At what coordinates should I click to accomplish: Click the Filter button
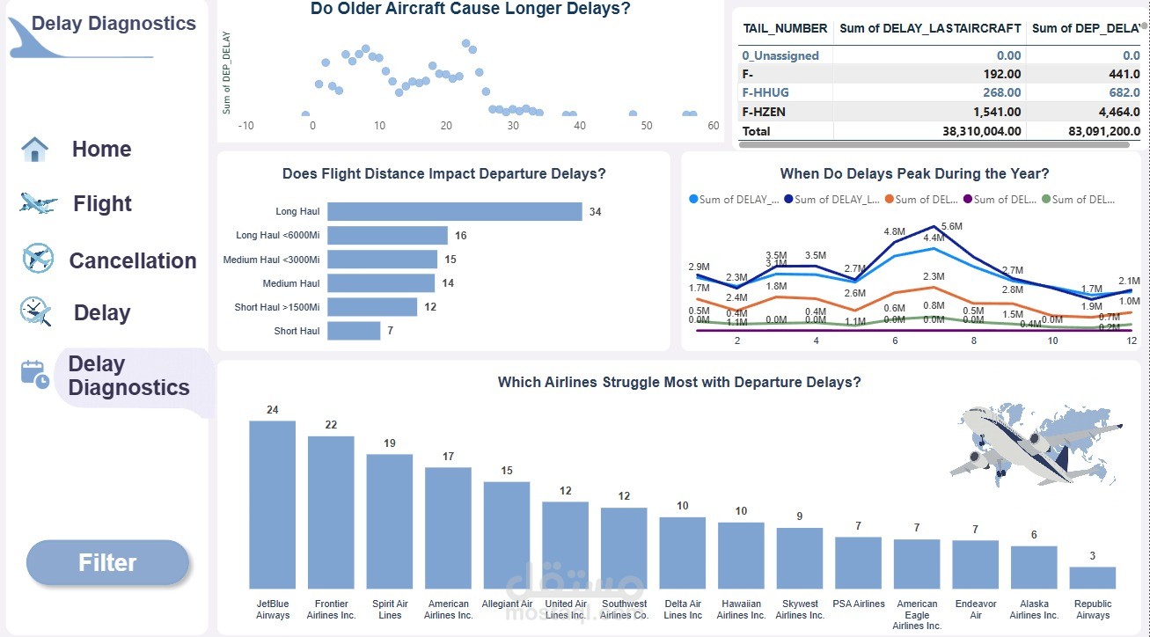[107, 563]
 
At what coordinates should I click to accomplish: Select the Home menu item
[101, 150]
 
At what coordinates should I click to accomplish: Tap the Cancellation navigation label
[133, 260]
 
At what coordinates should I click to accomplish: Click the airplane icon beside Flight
[38, 204]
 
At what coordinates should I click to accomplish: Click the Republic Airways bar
[1092, 577]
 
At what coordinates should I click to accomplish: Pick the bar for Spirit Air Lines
[390, 521]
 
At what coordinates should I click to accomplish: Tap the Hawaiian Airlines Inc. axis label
[741, 610]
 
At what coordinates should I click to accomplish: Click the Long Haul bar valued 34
[454, 212]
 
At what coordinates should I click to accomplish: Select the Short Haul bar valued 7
[354, 331]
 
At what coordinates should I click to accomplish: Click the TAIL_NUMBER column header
[785, 28]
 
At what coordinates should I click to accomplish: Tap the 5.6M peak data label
[952, 227]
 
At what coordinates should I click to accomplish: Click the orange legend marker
[890, 200]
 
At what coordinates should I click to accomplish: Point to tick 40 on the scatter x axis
[579, 126]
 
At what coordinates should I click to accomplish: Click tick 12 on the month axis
[1131, 340]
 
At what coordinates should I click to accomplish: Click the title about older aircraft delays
[470, 9]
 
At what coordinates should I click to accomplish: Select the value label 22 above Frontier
[331, 425]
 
